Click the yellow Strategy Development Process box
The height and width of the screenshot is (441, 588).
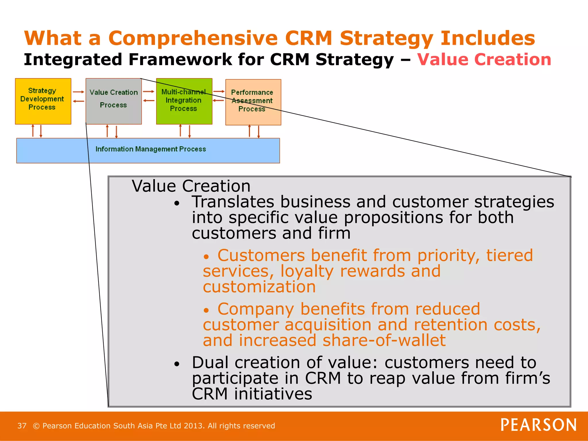[43, 101]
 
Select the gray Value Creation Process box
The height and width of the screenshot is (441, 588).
[113, 101]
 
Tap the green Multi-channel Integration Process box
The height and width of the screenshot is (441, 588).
[184, 101]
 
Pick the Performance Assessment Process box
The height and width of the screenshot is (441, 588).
[253, 102]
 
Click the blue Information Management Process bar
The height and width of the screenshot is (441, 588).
[148, 150]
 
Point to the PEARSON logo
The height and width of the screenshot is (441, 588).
[538, 425]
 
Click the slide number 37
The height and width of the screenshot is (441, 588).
[22, 425]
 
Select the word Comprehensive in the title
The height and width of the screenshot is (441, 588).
[193, 38]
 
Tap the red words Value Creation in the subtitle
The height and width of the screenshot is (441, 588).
[484, 60]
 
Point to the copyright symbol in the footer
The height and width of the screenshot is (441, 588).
[36, 426]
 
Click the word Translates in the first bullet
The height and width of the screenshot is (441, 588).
[233, 202]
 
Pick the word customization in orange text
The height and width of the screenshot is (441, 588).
[259, 287]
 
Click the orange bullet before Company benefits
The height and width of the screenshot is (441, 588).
[206, 310]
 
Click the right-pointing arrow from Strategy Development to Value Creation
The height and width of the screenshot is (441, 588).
[78, 92]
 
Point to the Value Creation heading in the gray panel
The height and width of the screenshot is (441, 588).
[191, 186]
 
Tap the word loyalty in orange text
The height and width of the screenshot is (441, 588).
[307, 271]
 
